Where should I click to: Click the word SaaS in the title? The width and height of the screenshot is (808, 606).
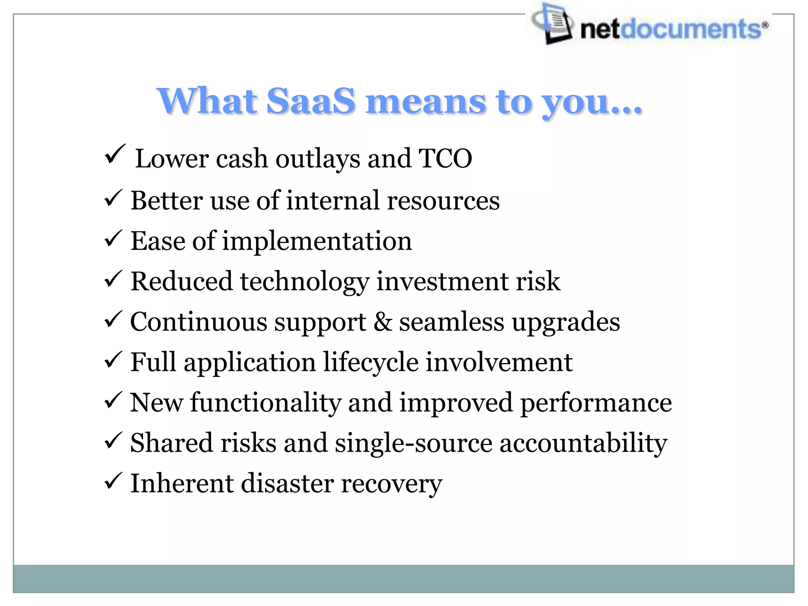pos(311,101)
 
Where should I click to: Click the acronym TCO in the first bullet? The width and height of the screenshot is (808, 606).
pos(445,158)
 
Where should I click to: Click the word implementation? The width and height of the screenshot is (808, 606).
pos(317,241)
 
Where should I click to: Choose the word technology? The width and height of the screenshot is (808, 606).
pos(305,282)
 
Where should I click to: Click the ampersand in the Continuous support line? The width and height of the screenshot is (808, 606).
pos(382,322)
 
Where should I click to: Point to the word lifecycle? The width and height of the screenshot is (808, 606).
pos(371,362)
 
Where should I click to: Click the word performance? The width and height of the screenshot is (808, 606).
pos(596,403)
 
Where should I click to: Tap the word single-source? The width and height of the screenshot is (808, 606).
pos(413,443)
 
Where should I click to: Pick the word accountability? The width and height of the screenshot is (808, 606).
pos(583,443)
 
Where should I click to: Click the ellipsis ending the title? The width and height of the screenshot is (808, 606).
pos(625,111)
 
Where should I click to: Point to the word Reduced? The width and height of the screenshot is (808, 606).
pos(181,282)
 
